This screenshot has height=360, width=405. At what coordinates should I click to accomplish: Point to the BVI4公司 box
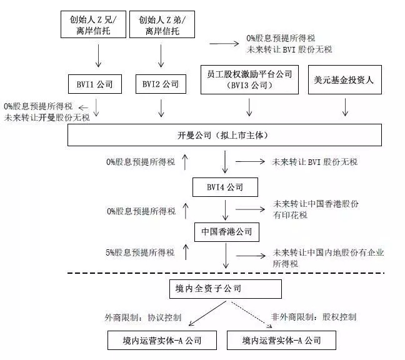[x=225, y=187]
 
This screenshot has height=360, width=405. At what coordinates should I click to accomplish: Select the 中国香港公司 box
[x=226, y=232]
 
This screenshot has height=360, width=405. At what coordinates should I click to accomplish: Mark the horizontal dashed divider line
[x=225, y=272]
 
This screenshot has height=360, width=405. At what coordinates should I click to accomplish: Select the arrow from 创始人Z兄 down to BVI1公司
[x=97, y=56]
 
